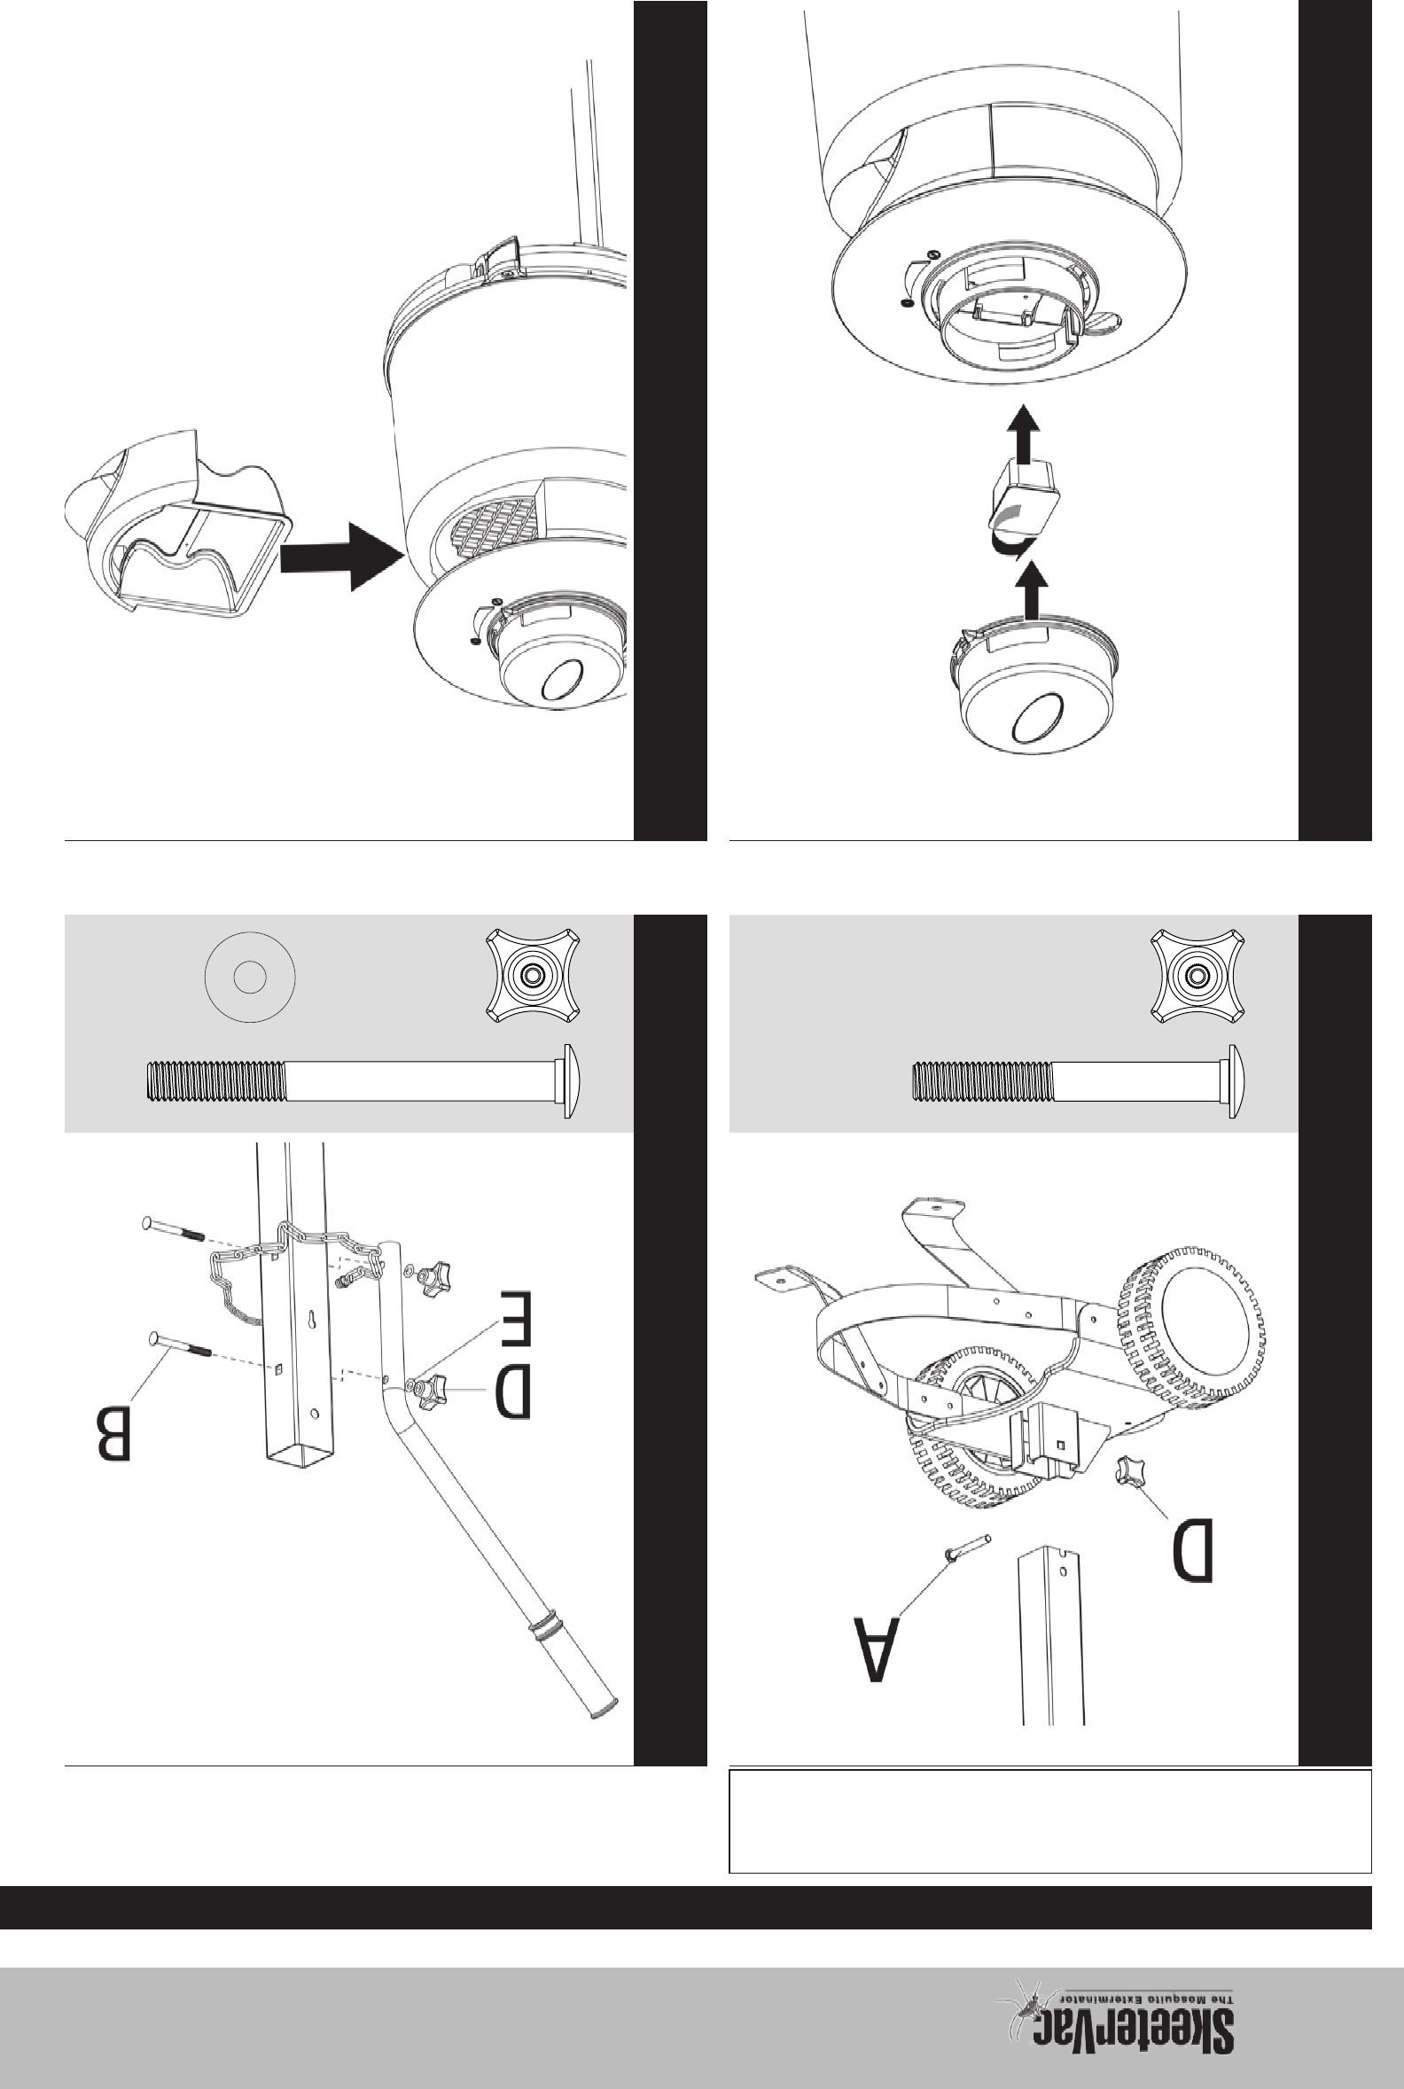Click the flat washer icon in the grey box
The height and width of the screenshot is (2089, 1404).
point(251,977)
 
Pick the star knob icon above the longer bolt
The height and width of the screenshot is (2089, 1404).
point(533,975)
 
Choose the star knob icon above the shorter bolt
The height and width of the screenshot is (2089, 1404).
point(1197,975)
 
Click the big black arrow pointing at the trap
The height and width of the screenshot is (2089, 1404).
point(340,556)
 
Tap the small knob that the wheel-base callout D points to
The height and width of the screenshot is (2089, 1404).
point(1130,1474)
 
